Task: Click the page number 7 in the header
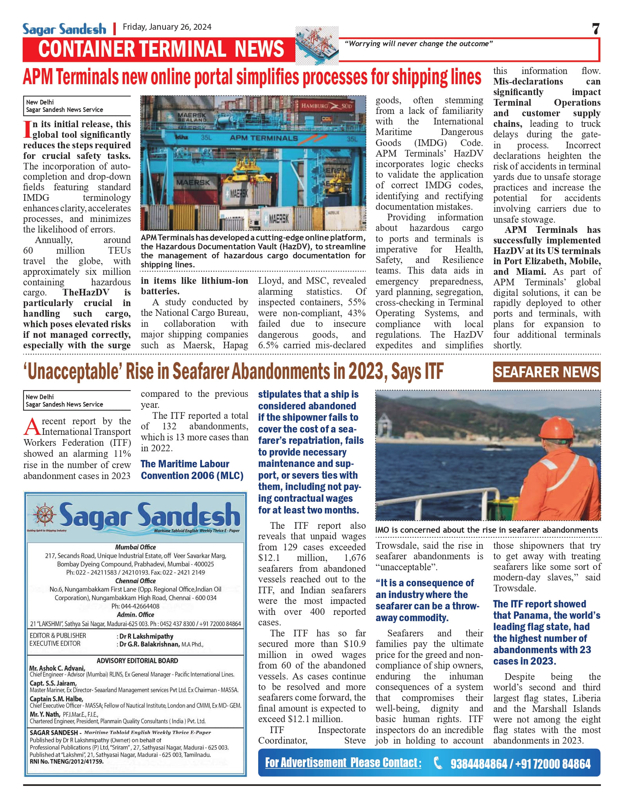coord(595,29)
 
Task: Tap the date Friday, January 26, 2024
coord(167,27)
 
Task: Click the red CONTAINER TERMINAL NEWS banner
coord(161,49)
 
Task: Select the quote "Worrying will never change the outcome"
coord(418,44)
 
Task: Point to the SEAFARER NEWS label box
coord(546,372)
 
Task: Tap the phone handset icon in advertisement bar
coord(438,763)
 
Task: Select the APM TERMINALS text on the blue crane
coord(264,138)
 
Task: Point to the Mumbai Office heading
coord(135,547)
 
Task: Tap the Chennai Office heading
coord(135,581)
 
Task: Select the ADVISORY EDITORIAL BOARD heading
coord(137,661)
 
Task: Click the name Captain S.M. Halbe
coord(56,699)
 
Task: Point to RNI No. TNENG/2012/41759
coord(67,762)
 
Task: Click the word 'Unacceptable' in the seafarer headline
coord(73,372)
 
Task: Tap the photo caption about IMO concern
coord(486,530)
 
